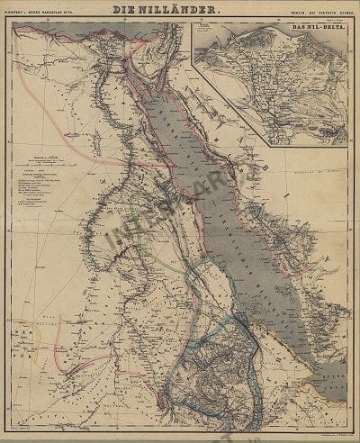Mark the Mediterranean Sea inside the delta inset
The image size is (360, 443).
270,32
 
